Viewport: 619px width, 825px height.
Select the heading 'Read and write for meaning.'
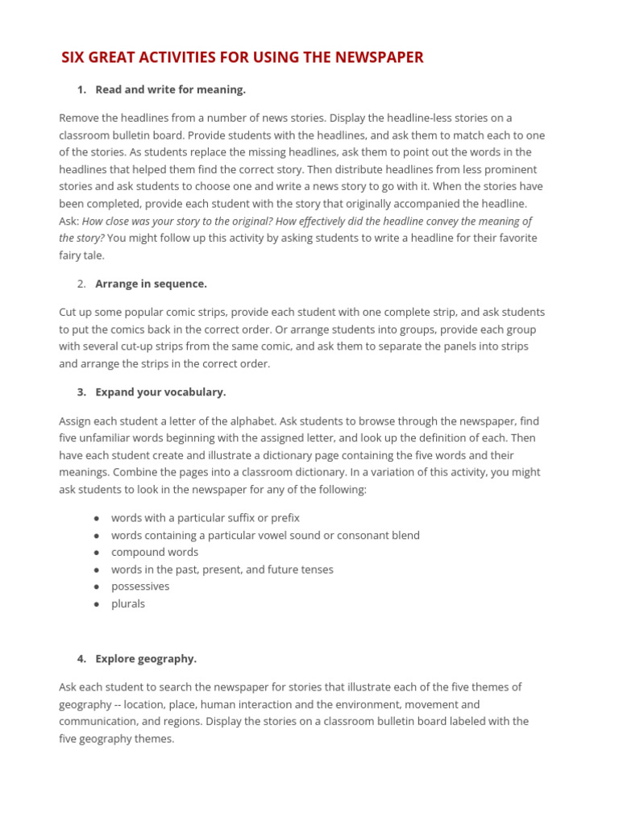pos(170,89)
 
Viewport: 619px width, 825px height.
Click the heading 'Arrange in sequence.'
pos(151,284)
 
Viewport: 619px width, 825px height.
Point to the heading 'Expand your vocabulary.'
pos(160,392)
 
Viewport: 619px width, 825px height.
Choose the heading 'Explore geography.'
pos(146,659)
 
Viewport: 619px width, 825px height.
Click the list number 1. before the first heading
pos(81,89)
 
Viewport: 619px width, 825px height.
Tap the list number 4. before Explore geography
pos(81,659)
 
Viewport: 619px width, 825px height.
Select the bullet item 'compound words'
pos(155,553)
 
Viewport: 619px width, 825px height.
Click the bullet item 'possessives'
pos(140,587)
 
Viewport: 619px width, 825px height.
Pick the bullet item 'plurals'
pos(128,603)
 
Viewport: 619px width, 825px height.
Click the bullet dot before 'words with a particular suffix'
pos(97,519)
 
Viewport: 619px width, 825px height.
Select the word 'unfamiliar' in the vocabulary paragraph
pos(100,438)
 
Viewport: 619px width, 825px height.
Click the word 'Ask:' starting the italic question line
pos(69,222)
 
